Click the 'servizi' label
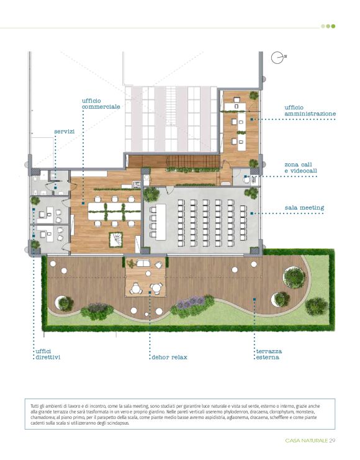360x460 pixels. [x=65, y=132]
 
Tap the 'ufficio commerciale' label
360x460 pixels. [x=101, y=104]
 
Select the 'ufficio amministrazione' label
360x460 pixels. [x=310, y=110]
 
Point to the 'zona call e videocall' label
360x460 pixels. [x=300, y=168]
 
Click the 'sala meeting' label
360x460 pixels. [x=304, y=208]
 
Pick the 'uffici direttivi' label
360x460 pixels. [x=48, y=354]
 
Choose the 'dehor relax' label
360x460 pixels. [x=169, y=357]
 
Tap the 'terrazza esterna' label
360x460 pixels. [x=269, y=354]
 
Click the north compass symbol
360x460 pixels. [x=277, y=58]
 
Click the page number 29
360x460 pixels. [x=332, y=440]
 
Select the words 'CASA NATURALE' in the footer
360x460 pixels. [x=306, y=441]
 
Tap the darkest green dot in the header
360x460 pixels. [x=333, y=26]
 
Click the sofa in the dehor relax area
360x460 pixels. [x=143, y=263]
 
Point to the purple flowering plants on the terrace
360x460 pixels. [x=191, y=302]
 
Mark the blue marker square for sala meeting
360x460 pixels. [x=251, y=214]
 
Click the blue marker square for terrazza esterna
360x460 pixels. [x=254, y=299]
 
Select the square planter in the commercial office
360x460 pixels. [x=115, y=240]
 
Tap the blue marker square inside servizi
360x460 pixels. [x=55, y=187]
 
